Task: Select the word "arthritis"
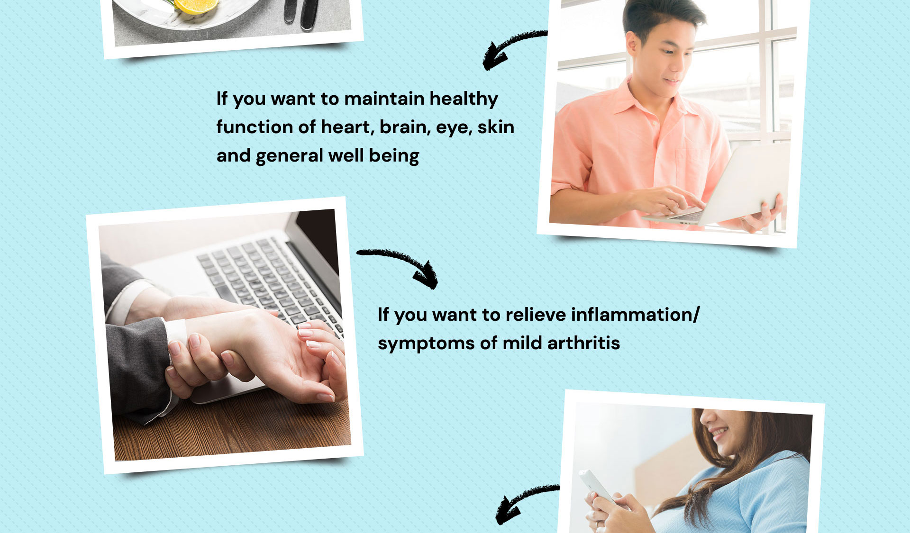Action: click(x=583, y=343)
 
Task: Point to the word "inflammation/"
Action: click(x=635, y=315)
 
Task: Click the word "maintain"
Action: click(x=384, y=99)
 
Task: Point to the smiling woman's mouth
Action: click(x=718, y=433)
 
